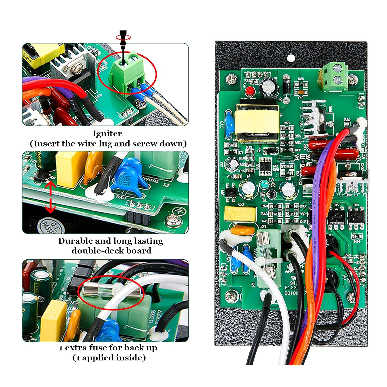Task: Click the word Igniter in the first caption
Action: point(107,134)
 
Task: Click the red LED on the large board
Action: point(249,91)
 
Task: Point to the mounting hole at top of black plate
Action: point(291,59)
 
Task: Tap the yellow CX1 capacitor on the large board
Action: point(240,213)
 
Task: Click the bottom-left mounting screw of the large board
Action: point(231,296)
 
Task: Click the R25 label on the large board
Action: point(301,79)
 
